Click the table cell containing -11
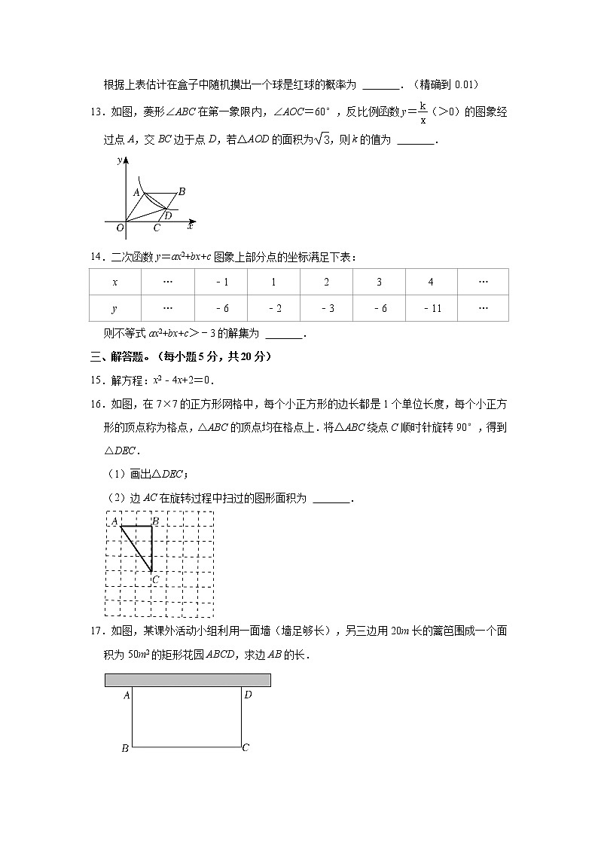pyautogui.click(x=432, y=308)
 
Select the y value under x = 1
pyautogui.click(x=273, y=308)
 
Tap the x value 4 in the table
pyautogui.click(x=431, y=282)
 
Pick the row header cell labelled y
pyautogui.click(x=114, y=308)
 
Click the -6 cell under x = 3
pyautogui.click(x=379, y=308)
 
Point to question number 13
pyautogui.click(x=96, y=112)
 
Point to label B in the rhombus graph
pyautogui.click(x=182, y=192)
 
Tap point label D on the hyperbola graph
pyautogui.click(x=168, y=215)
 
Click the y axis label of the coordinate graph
pyautogui.click(x=120, y=160)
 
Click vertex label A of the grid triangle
pyautogui.click(x=114, y=521)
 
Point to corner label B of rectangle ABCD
pyautogui.click(x=125, y=748)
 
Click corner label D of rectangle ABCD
pyautogui.click(x=248, y=695)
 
